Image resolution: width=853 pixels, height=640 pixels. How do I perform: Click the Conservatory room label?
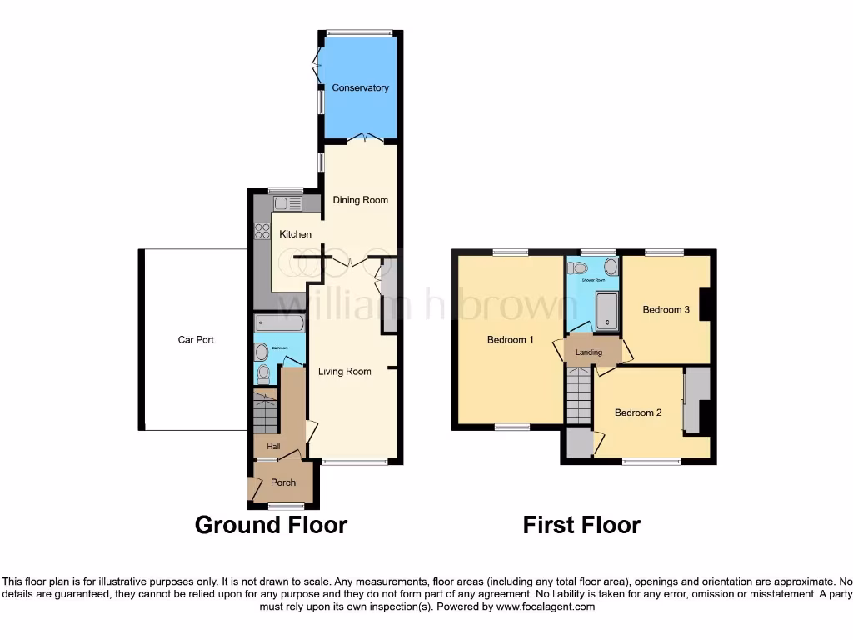pos(360,87)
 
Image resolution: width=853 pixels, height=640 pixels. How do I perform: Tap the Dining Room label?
pos(361,200)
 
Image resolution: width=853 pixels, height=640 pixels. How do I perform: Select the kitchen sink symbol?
pos(287,202)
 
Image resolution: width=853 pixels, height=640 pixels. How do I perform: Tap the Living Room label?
pos(344,371)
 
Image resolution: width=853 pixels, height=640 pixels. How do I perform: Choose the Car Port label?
pos(196,340)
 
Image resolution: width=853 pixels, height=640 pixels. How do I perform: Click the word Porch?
pos(283,482)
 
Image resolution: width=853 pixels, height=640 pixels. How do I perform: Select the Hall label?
pos(273,447)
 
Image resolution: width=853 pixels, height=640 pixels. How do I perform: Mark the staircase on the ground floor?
pos(266,412)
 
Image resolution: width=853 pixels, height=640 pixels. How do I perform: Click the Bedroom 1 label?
pos(510,340)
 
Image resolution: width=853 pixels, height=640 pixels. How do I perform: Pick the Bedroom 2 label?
pos(638,412)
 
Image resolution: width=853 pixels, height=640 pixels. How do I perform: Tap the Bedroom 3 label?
pos(666,310)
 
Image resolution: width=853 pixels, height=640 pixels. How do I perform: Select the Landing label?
pos(589,352)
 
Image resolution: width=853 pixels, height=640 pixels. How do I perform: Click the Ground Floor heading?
pos(271,525)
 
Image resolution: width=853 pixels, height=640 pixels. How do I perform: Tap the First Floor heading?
pos(581,525)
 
